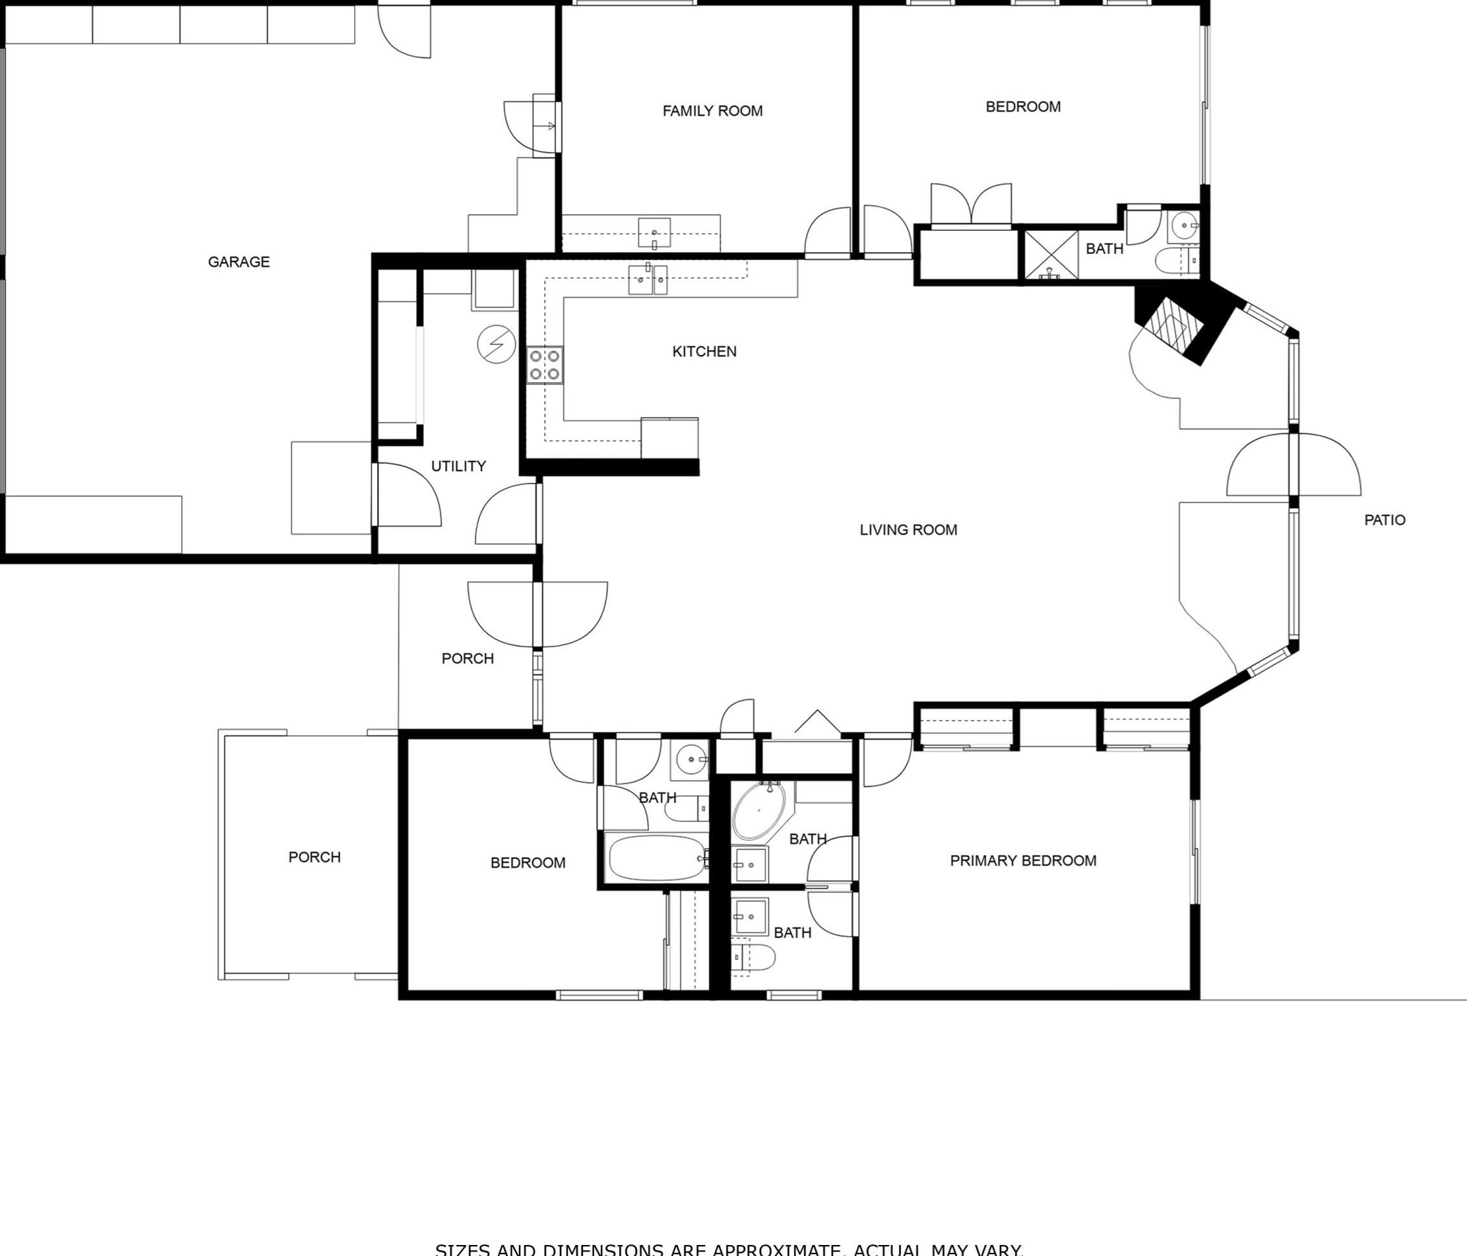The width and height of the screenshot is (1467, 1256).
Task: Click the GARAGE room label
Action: coord(238,262)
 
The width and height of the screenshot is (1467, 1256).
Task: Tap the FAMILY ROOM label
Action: coord(712,111)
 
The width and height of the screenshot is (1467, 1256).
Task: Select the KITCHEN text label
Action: coord(704,352)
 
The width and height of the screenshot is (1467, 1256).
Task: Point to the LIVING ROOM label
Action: coord(908,529)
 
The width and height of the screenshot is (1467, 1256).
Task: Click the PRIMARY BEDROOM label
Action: coord(1022,860)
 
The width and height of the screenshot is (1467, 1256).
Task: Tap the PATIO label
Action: coord(1384,520)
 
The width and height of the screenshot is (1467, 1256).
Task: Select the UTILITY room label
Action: coord(458,466)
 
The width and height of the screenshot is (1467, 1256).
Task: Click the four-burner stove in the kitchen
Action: coord(544,365)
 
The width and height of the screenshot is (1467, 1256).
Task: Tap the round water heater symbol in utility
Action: coord(496,344)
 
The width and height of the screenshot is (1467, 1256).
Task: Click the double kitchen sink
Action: coord(648,280)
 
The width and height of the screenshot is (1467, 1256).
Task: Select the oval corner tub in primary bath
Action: coord(758,811)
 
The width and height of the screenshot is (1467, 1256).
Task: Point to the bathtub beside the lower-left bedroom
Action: coord(657,858)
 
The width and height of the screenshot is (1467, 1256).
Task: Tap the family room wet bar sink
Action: coord(653,232)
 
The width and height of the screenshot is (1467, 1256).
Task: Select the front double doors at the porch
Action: coord(538,614)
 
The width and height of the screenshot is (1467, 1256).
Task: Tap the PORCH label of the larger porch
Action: coord(314,857)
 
